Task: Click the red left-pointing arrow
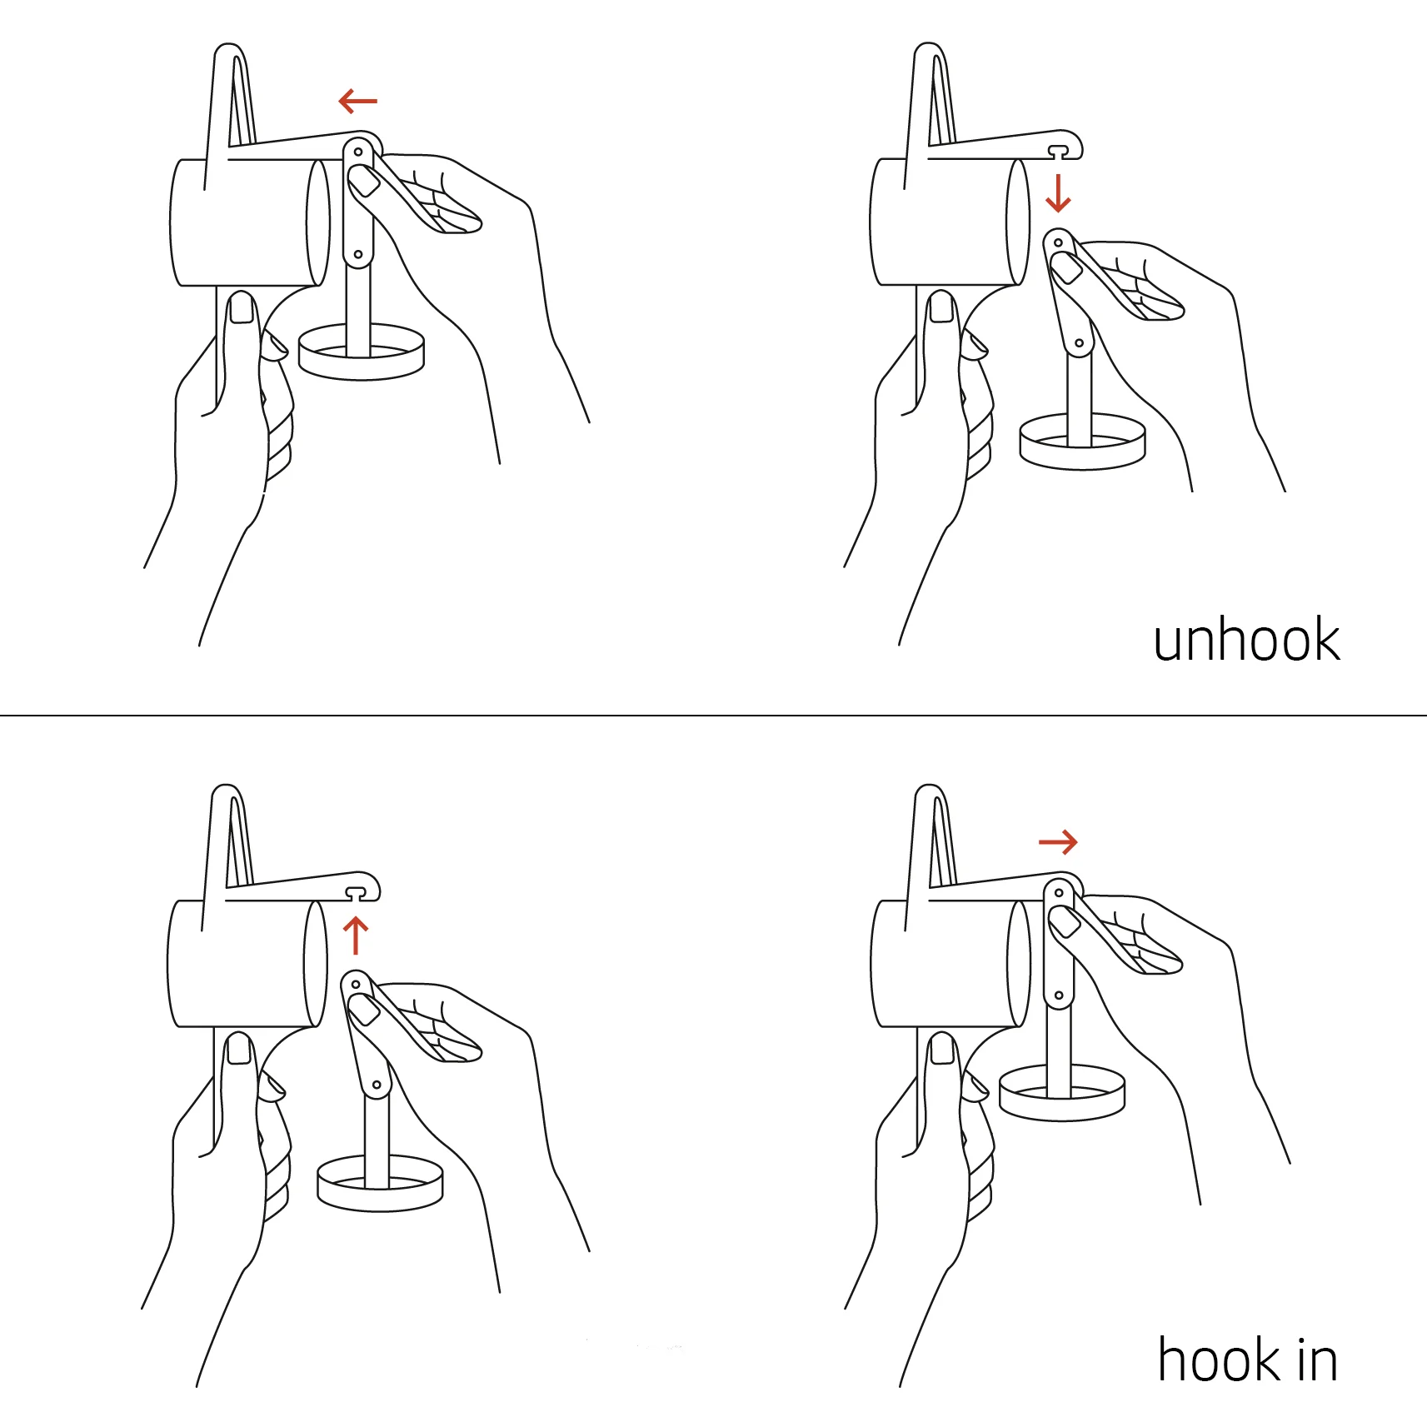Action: (358, 101)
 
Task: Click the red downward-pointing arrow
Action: (1058, 192)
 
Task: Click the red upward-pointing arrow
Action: (356, 935)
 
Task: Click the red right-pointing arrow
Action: (1058, 842)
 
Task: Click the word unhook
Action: (1246, 640)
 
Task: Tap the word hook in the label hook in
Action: (1220, 1360)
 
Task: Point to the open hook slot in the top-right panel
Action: (1058, 151)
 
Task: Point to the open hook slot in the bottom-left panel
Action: (357, 893)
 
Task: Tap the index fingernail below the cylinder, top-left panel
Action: (242, 308)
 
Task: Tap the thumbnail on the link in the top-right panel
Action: (1065, 267)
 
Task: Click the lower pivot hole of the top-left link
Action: (358, 254)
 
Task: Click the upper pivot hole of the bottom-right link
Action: (1059, 893)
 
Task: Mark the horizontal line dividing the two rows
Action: (713, 715)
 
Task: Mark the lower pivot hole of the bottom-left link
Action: (377, 1085)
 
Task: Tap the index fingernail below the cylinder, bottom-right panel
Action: (943, 1049)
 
